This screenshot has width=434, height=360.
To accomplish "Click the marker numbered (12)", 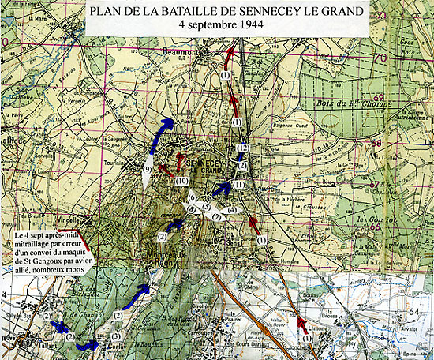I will pos(243,149).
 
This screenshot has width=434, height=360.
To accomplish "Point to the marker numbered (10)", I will pos(182,182).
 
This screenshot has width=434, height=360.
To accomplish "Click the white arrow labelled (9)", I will pos(147,170).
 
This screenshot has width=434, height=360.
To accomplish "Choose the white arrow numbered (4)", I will pos(231,210).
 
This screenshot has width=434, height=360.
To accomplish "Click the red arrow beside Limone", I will pos(302,324).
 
